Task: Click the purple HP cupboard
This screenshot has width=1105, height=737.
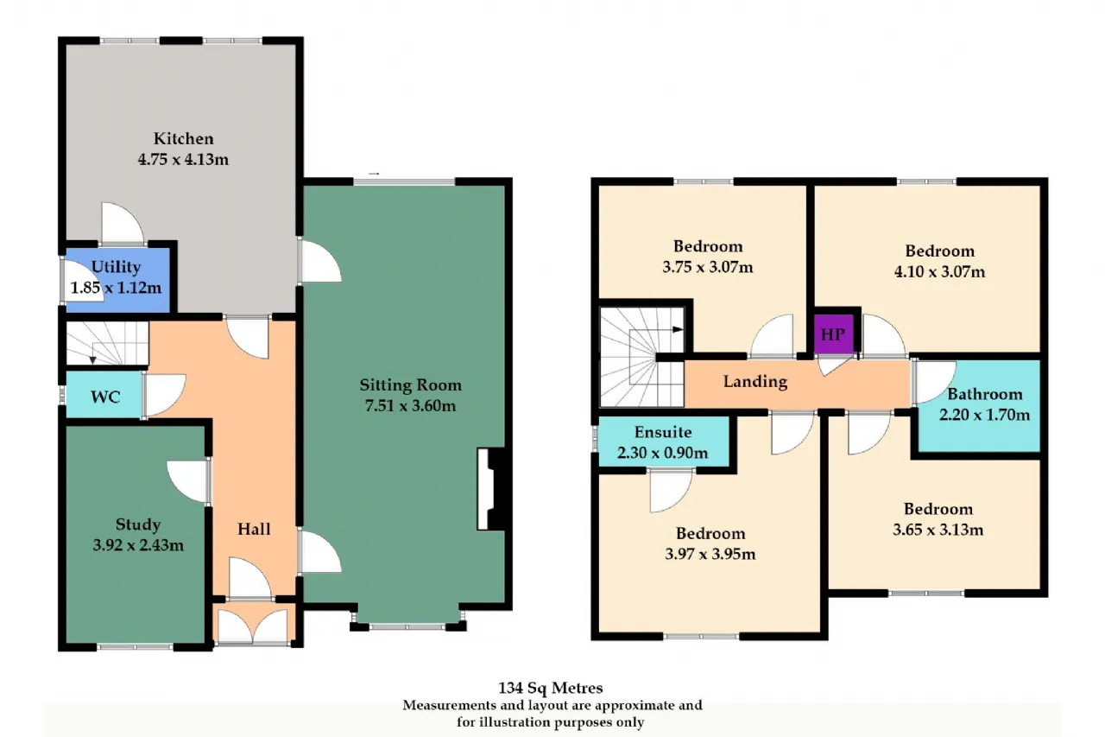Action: pyautogui.click(x=834, y=334)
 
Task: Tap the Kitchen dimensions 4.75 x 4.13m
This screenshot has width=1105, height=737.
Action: pyautogui.click(x=183, y=160)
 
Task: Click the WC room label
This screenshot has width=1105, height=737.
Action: pyautogui.click(x=105, y=397)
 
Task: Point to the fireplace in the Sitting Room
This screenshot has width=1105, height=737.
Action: pyautogui.click(x=491, y=489)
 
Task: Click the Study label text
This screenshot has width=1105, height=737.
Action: pyautogui.click(x=138, y=524)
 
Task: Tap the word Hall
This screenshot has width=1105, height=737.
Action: pyautogui.click(x=254, y=529)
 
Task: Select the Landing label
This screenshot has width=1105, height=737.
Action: pyautogui.click(x=755, y=382)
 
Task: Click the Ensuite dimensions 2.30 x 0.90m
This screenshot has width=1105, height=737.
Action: pyautogui.click(x=662, y=453)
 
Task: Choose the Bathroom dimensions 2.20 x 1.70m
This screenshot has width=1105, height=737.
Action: pyautogui.click(x=984, y=415)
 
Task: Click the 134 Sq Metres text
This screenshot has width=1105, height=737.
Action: pyautogui.click(x=550, y=688)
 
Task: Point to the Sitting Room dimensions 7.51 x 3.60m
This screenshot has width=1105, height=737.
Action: pyautogui.click(x=410, y=406)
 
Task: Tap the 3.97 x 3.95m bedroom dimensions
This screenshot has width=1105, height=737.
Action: pyautogui.click(x=710, y=554)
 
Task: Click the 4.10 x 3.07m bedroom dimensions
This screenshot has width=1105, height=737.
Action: pyautogui.click(x=940, y=271)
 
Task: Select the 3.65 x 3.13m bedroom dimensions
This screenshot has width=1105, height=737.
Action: pyautogui.click(x=938, y=530)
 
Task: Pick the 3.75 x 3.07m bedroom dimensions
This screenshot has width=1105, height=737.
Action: pyautogui.click(x=707, y=267)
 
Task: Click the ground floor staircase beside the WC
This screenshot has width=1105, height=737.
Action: pyautogui.click(x=107, y=344)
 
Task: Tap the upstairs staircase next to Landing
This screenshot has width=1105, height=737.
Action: pyautogui.click(x=641, y=357)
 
